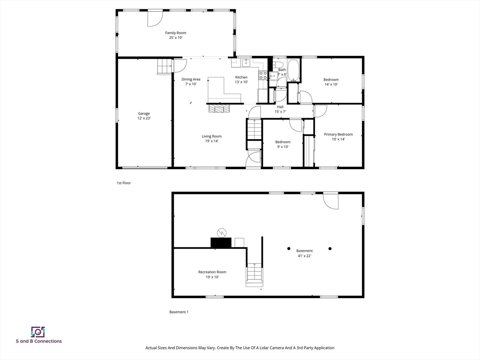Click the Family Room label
[x=175, y=33]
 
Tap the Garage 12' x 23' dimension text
[x=144, y=119]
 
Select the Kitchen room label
[x=241, y=77]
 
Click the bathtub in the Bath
[x=293, y=70]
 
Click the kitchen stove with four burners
[x=263, y=75]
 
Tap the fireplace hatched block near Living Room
[x=220, y=109]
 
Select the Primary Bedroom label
[x=338, y=135]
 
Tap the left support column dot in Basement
[x=289, y=248]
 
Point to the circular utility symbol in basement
[x=221, y=232]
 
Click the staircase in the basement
[x=254, y=275]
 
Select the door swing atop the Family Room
[x=155, y=18]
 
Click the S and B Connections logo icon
[x=38, y=332]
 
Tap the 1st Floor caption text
[x=124, y=183]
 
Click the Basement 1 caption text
[x=179, y=312]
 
